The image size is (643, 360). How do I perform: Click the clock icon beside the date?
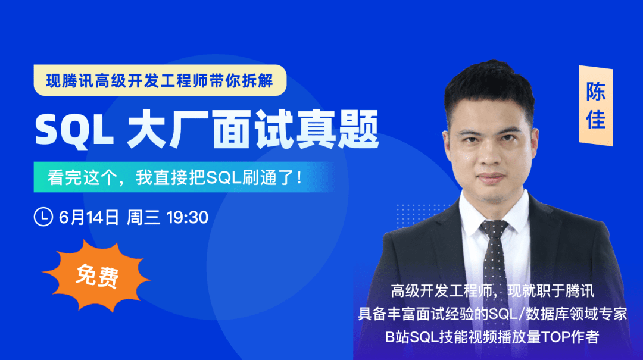pyautogui.click(x=43, y=217)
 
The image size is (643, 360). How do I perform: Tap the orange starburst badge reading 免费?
pyautogui.click(x=97, y=276)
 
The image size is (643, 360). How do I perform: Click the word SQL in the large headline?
pyautogui.click(x=74, y=130)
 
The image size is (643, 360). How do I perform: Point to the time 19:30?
pyautogui.click(x=188, y=217)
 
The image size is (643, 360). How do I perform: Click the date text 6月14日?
pyautogui.click(x=89, y=217)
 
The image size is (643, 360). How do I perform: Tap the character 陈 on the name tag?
pyautogui.click(x=595, y=92)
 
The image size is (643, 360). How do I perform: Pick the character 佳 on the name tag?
pyautogui.click(x=595, y=119)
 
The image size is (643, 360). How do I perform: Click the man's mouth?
pyautogui.click(x=491, y=177)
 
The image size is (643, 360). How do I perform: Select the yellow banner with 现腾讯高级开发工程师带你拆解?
pyautogui.click(x=160, y=80)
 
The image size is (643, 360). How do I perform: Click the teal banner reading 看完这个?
pyautogui.click(x=185, y=177)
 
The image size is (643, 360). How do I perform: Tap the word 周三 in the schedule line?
pyautogui.click(x=143, y=217)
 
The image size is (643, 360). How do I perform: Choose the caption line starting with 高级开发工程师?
pyautogui.click(x=492, y=291)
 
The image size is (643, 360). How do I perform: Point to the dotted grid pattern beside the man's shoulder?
pyautogui.click(x=422, y=215)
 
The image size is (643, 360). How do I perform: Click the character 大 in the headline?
pyautogui.click(x=146, y=130)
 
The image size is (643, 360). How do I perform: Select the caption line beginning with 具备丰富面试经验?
pyautogui.click(x=492, y=314)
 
